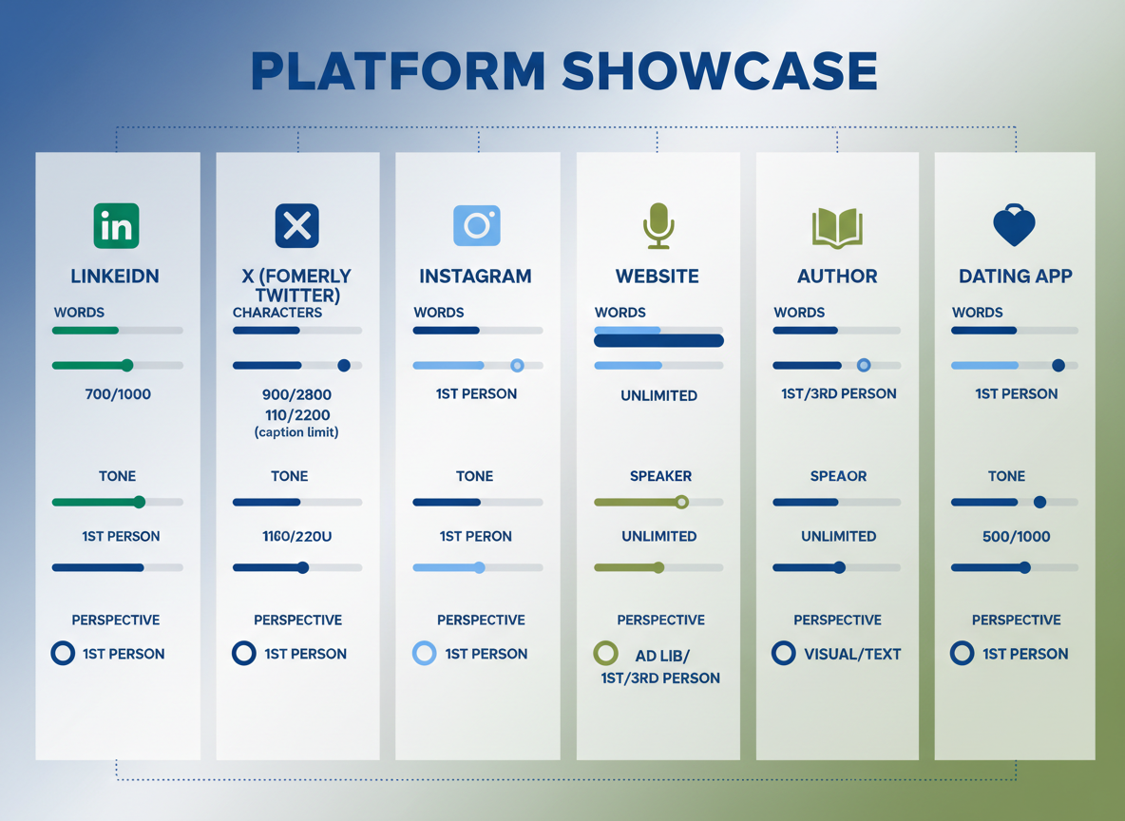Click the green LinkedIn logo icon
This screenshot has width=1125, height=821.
click(116, 226)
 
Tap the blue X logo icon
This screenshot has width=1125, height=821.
click(296, 226)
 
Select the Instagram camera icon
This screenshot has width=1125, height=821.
click(476, 226)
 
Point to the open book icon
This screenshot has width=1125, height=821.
click(837, 228)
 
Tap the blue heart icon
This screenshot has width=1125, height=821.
click(1015, 226)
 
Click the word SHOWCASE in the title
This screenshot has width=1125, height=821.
click(719, 72)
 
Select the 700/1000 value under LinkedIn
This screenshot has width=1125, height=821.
click(117, 394)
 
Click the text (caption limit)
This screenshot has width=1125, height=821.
click(296, 432)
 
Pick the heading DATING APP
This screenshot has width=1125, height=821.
click(1015, 277)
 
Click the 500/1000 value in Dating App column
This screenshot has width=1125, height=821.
click(1016, 537)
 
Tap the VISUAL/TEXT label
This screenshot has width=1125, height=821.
click(852, 654)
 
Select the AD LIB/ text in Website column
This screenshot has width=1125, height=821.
click(662, 656)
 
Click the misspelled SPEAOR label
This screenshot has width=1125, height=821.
click(838, 476)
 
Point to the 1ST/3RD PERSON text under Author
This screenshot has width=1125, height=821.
click(838, 393)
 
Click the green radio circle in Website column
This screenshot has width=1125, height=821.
click(605, 654)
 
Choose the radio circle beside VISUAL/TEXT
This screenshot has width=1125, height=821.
click(783, 654)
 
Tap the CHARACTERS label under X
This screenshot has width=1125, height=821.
click(277, 313)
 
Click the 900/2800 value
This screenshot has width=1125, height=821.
click(296, 394)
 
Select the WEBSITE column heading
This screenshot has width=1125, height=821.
click(658, 277)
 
